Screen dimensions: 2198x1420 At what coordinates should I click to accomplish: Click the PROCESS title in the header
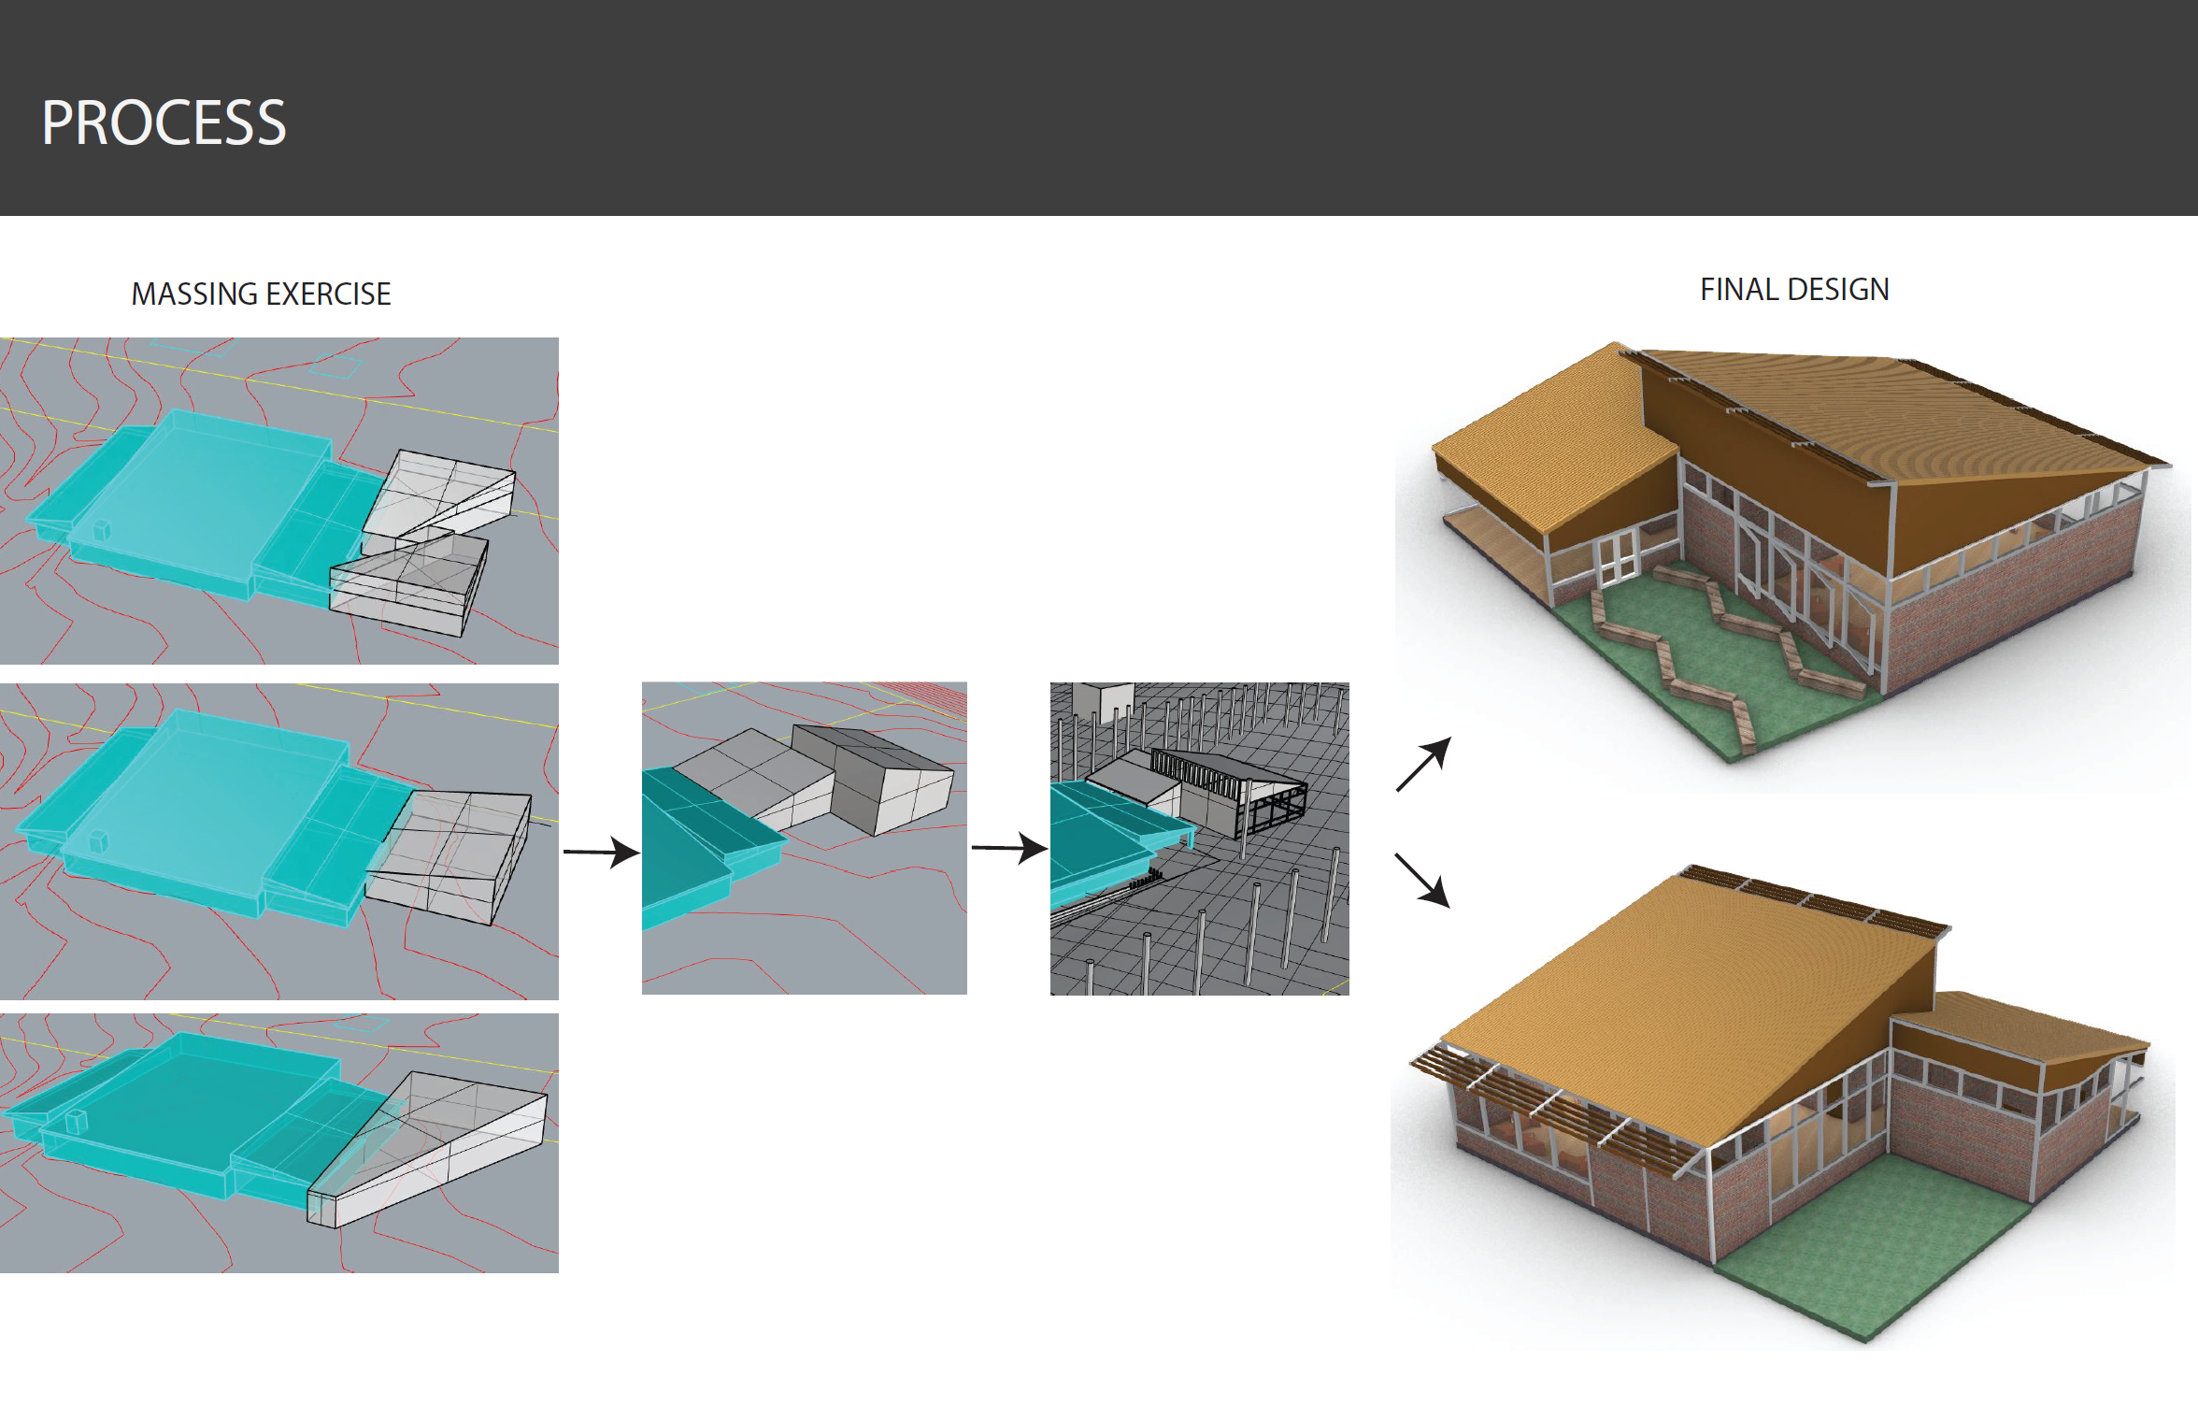click(164, 122)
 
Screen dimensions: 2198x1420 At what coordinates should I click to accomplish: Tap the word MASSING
click(194, 294)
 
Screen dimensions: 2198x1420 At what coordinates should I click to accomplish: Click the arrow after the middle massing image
click(601, 852)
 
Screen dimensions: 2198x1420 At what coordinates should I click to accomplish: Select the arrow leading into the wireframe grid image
click(1009, 848)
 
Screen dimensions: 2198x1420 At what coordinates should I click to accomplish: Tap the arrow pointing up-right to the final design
click(1423, 764)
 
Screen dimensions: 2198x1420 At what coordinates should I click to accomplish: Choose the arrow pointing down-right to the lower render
click(1422, 880)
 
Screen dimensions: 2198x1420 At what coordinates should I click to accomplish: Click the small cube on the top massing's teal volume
click(102, 530)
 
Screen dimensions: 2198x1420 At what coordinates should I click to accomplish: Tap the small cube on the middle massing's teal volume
click(98, 840)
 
